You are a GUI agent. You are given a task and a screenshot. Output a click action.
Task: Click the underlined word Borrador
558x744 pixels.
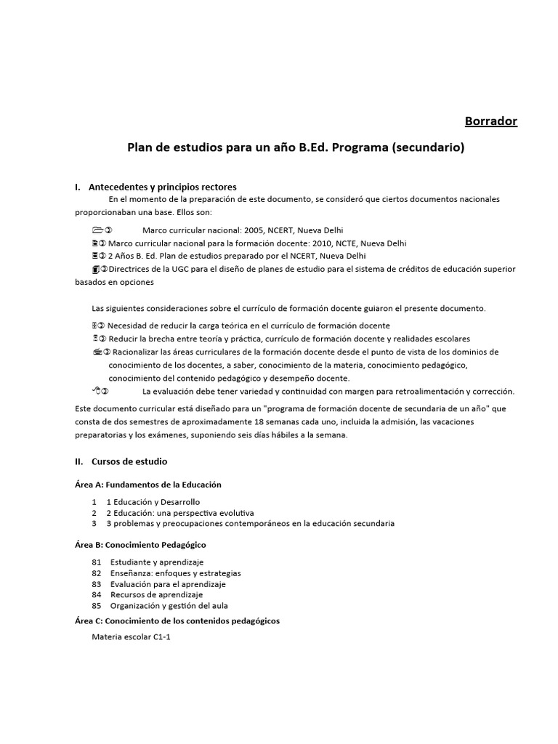(491, 121)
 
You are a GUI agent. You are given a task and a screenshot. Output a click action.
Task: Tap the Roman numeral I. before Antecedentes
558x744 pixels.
(77, 187)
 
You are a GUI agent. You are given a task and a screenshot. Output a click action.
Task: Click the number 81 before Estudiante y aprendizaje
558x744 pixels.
(97, 562)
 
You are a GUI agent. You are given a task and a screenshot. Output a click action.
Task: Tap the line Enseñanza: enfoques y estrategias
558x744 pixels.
(175, 573)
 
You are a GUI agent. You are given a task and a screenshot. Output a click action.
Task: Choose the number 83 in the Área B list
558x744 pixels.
(97, 584)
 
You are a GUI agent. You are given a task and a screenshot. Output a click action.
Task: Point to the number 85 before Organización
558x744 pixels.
(97, 606)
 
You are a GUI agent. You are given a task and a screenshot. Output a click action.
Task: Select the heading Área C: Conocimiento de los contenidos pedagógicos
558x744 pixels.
(178, 621)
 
